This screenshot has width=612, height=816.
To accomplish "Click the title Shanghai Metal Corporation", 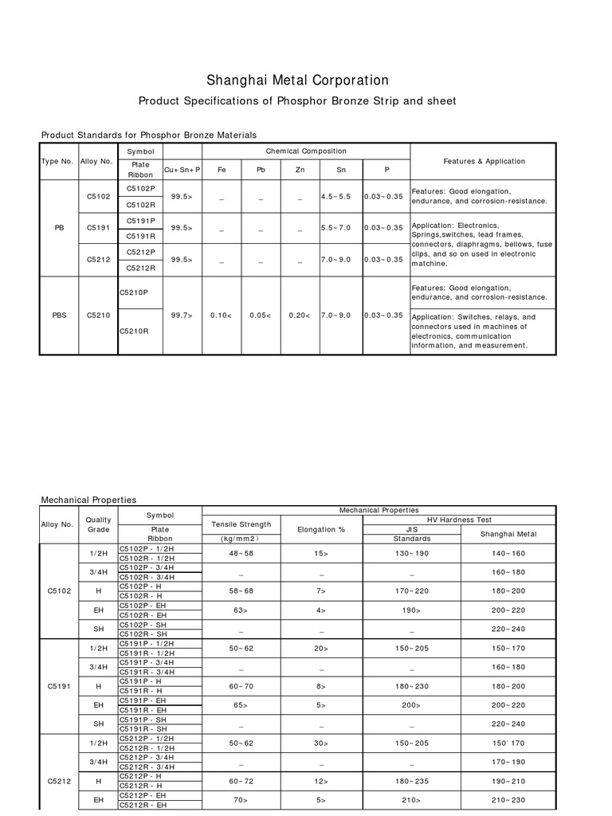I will [298, 80].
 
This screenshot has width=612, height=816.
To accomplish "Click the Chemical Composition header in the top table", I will [306, 151].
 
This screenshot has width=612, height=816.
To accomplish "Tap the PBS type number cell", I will [59, 315].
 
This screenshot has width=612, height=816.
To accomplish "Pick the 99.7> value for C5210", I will [182, 315].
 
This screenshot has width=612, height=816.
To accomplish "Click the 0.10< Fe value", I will [221, 315].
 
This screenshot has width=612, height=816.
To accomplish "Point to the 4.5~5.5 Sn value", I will [335, 195].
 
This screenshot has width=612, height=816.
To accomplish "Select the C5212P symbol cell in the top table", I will [140, 252].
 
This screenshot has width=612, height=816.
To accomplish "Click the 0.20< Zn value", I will [300, 315].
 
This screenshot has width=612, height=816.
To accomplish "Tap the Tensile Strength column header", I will [241, 524].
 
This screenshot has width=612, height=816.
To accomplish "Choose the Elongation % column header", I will [321, 528].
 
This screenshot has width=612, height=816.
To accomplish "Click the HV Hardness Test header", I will [459, 520].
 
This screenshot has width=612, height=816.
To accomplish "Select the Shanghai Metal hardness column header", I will [508, 534].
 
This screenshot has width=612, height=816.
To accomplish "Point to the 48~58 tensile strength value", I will [241, 553].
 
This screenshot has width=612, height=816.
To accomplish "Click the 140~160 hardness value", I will [508, 553].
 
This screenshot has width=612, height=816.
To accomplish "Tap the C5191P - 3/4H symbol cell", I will [147, 662].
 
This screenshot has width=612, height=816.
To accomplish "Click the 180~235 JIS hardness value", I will [412, 781].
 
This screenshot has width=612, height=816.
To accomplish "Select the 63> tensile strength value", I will [241, 610].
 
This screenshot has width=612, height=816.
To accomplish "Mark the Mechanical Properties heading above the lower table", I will [88, 500].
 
